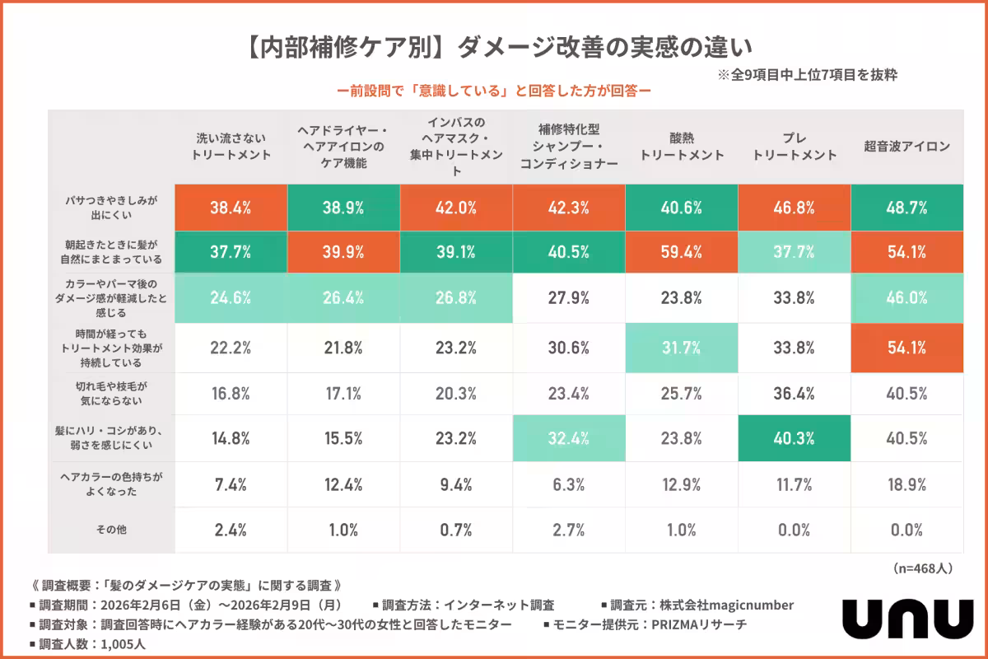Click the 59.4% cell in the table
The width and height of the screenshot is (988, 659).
pyautogui.click(x=682, y=253)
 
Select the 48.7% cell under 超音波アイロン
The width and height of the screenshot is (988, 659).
pyautogui.click(x=907, y=208)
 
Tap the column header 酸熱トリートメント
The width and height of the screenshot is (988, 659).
pyautogui.click(x=682, y=147)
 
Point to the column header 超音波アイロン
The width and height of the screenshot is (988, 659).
pyautogui.click(x=907, y=147)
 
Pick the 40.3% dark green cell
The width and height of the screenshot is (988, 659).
pyautogui.click(x=795, y=438)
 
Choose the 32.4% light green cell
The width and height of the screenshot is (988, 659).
pyautogui.click(x=569, y=438)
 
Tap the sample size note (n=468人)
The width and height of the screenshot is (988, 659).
pyautogui.click(x=922, y=568)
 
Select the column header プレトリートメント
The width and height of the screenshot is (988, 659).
pyautogui.click(x=795, y=147)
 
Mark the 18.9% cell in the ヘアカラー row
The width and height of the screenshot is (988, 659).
pyautogui.click(x=907, y=484)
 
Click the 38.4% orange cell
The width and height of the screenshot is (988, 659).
pyautogui.click(x=231, y=208)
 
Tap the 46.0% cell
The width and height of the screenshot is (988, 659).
pyautogui.click(x=907, y=298)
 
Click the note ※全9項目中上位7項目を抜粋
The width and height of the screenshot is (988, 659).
pyautogui.click(x=807, y=74)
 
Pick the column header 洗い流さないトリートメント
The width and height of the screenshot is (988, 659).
pyautogui.click(x=231, y=147)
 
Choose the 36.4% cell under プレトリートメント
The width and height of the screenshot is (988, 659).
pyautogui.click(x=795, y=393)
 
